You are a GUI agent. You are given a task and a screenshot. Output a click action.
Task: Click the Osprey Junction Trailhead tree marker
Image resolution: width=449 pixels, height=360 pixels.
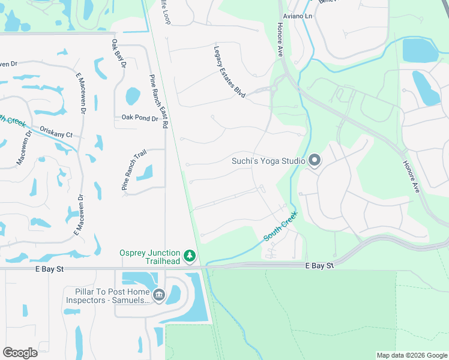190,256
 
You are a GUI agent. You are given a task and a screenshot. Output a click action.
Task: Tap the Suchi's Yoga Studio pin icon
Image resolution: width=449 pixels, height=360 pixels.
315,160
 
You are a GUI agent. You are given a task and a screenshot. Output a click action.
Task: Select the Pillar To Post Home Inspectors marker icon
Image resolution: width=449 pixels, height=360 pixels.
159,294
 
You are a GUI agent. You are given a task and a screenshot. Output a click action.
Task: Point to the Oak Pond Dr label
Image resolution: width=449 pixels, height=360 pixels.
139,118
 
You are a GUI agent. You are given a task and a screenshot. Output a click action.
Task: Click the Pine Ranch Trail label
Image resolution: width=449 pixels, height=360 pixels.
133,171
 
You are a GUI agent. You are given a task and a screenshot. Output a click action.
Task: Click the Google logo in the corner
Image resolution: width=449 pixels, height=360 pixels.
20,353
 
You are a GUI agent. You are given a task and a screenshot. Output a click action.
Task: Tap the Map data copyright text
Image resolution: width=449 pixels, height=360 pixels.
412,356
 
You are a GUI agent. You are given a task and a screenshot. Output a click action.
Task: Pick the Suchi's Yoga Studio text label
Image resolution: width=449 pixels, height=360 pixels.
269,161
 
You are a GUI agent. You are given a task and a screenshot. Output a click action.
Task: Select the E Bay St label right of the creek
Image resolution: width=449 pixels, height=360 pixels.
319,265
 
